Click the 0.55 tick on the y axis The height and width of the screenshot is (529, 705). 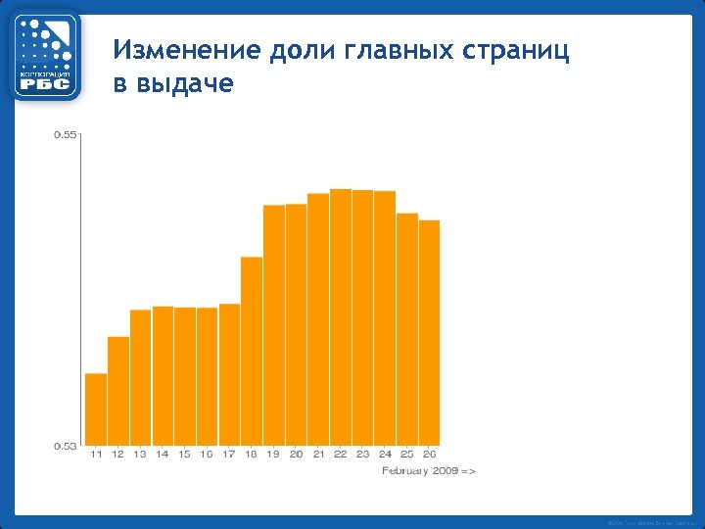65,134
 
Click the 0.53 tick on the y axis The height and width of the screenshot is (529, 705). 65,446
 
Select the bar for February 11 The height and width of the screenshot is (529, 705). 96,409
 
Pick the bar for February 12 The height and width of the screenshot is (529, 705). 118,391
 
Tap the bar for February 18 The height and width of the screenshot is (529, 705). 252,351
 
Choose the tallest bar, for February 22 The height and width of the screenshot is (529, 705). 341,316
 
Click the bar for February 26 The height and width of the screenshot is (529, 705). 429,332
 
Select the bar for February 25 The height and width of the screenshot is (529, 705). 407,329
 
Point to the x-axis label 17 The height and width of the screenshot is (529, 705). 229,455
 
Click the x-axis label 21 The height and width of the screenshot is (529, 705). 318,455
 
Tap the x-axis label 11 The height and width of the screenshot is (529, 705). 96,455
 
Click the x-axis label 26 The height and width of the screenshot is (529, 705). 429,455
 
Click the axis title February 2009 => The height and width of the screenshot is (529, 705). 428,471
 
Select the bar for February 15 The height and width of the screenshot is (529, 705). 185,376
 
